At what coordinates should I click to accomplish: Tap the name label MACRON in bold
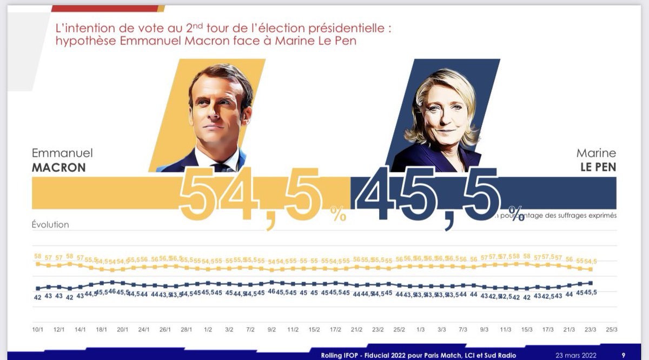[58, 168]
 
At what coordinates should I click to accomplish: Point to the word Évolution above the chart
[50, 224]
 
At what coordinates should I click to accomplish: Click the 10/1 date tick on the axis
[38, 329]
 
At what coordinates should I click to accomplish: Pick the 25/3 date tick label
[612, 329]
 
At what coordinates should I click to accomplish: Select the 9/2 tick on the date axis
[271, 329]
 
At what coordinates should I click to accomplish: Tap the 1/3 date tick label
[420, 329]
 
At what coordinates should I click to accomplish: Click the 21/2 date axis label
[357, 329]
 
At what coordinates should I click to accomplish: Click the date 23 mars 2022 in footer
[576, 355]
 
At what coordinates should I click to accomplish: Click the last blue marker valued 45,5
[591, 283]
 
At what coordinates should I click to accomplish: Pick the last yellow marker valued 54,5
[591, 269]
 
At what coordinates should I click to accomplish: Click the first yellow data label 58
[38, 257]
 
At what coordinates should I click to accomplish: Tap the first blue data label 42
[38, 297]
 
